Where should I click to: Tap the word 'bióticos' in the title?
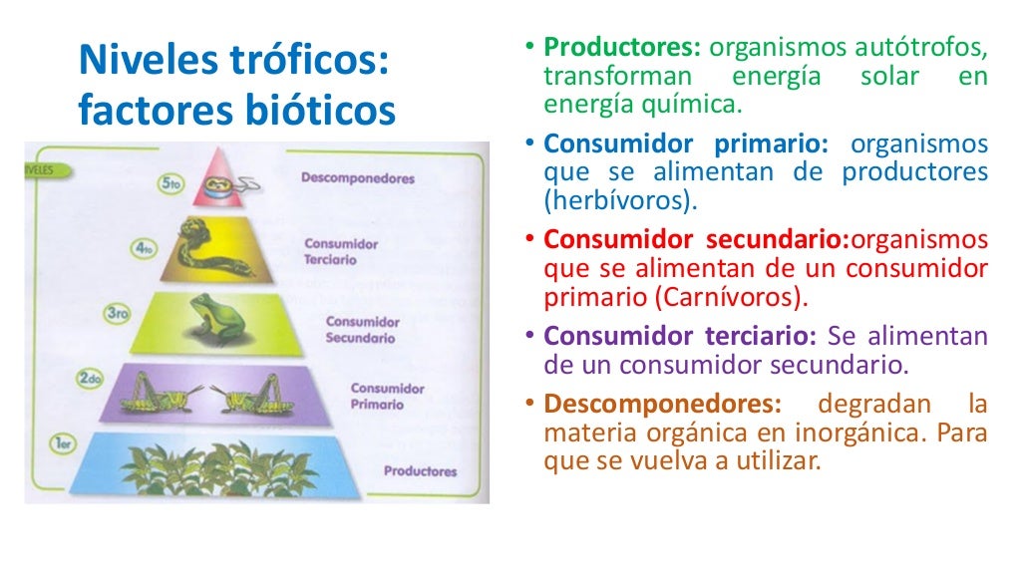coord(318,111)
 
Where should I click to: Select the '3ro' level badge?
coord(119,316)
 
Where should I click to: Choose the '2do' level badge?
coord(92,379)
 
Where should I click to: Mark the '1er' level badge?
coord(66,445)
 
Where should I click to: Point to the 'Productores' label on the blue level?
coord(420,471)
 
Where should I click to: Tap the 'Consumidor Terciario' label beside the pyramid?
coord(341,251)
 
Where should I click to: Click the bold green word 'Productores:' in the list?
coord(623,47)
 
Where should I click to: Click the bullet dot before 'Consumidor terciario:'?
coord(530,336)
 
